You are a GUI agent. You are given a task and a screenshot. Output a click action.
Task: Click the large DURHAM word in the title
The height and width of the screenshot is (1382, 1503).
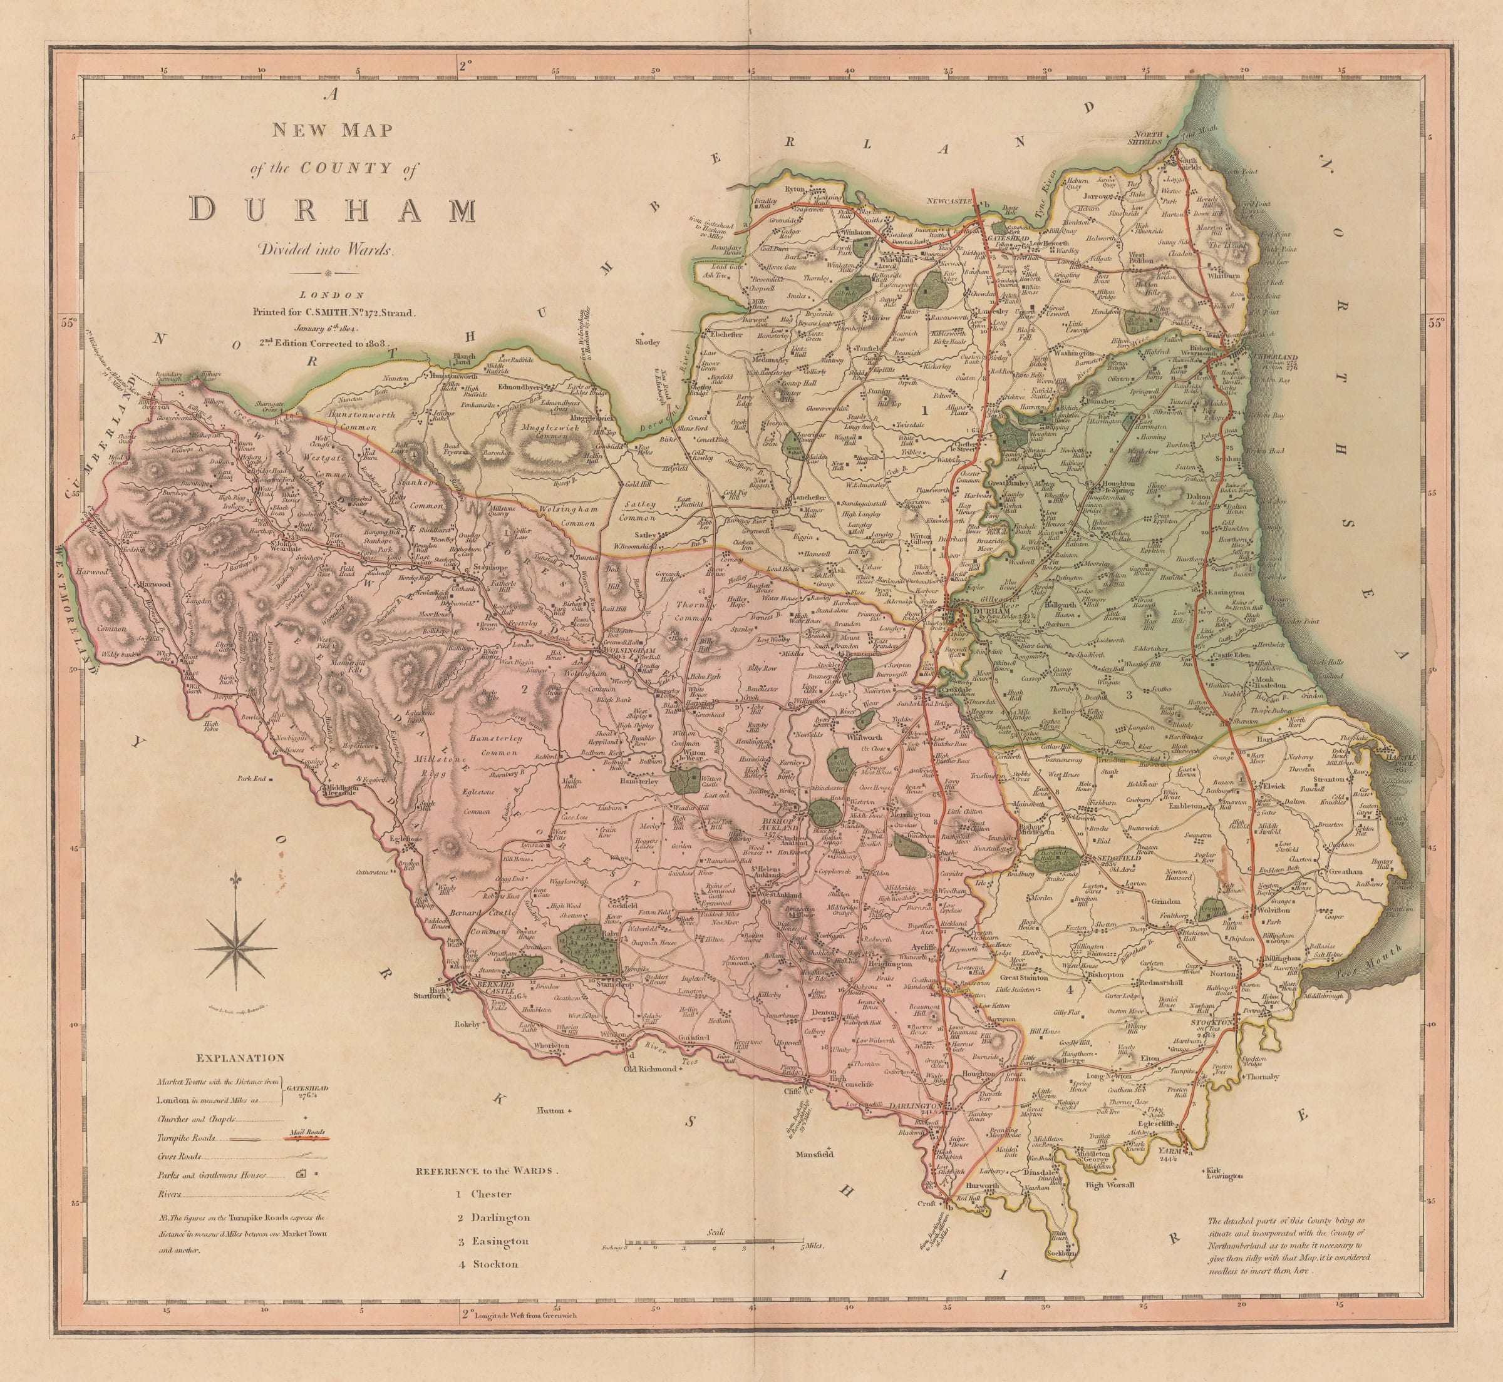[x=333, y=210]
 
